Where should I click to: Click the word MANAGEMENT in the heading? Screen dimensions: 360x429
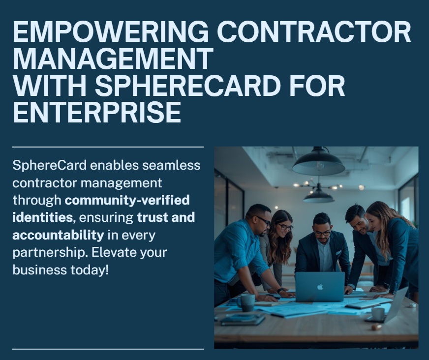(113, 60)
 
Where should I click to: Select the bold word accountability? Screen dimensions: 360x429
(58, 235)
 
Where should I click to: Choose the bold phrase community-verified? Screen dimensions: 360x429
(127, 200)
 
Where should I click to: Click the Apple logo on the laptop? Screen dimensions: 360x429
(320, 286)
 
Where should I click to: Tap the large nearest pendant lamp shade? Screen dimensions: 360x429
(318, 164)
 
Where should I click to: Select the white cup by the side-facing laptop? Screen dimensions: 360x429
(378, 313)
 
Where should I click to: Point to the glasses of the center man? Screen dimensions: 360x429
(322, 233)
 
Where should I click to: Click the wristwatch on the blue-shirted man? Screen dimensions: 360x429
(279, 291)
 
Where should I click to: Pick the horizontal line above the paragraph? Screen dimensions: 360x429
(108, 147)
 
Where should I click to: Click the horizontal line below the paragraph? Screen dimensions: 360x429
(108, 349)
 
